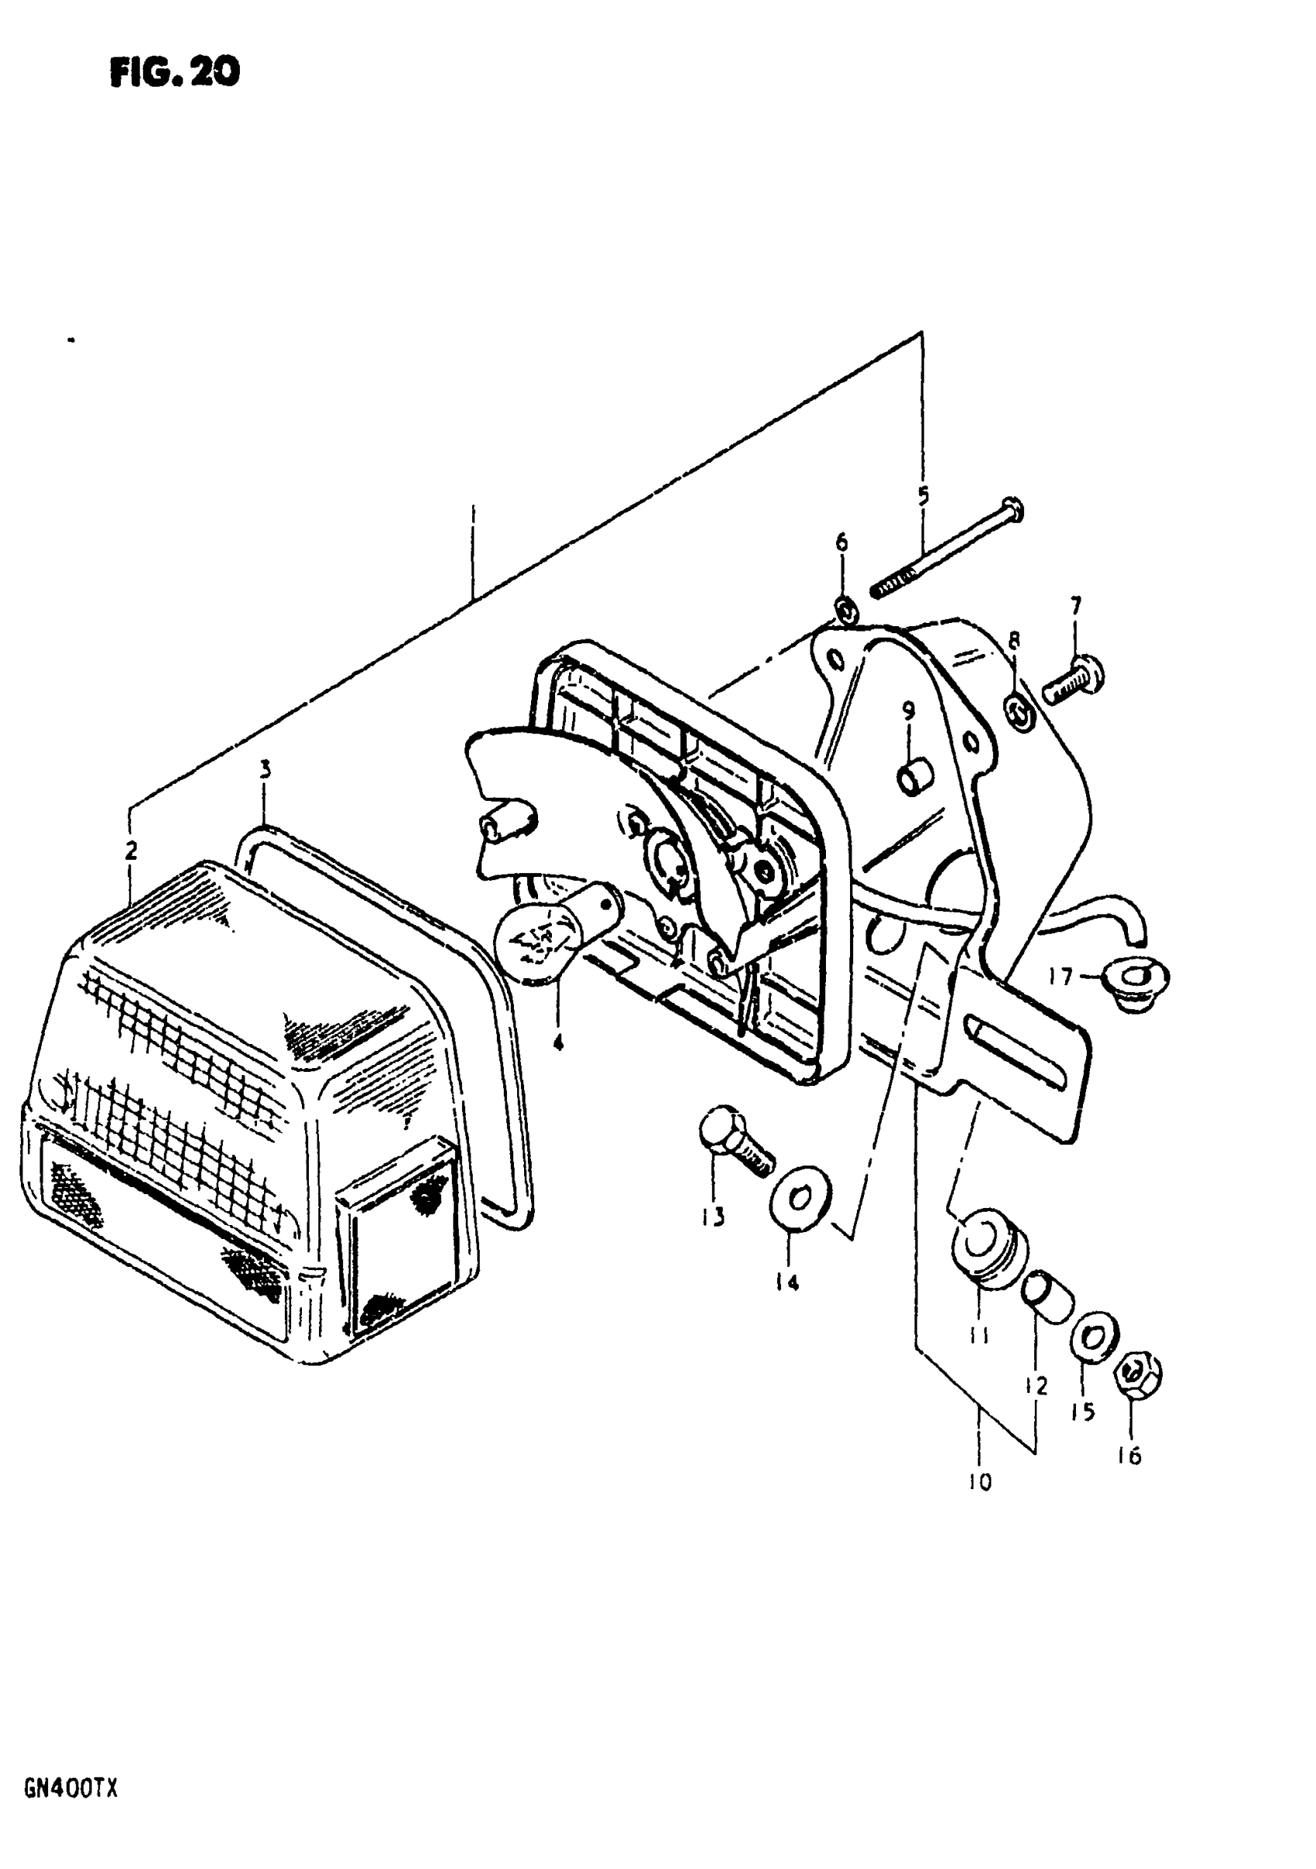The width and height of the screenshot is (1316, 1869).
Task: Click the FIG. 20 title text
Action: coord(174,73)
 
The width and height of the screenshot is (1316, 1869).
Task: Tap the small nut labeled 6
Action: coord(845,609)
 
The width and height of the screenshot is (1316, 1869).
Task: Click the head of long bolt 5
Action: coord(1012,509)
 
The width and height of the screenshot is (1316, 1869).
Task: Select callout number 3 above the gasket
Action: coord(265,769)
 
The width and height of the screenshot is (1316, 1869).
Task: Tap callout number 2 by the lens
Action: coord(130,851)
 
